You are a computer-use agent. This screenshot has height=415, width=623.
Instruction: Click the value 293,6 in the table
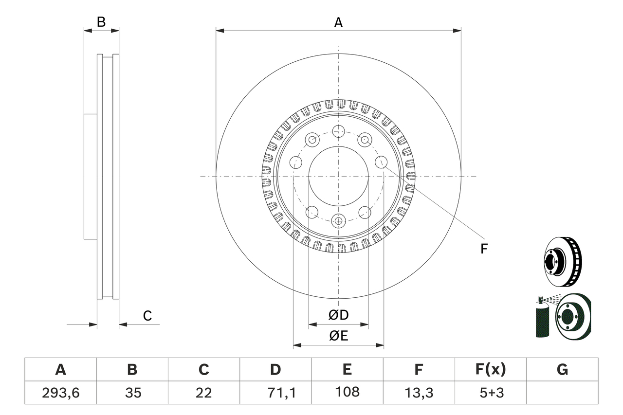point(60,393)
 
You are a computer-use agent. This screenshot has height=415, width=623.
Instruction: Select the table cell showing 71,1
point(275,393)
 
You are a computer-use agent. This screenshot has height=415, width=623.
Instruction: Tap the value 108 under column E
point(347,392)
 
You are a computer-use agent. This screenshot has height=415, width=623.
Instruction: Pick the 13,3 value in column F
point(419,393)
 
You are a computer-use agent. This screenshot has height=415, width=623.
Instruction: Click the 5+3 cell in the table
point(490,393)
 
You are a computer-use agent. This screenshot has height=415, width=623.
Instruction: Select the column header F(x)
point(490,370)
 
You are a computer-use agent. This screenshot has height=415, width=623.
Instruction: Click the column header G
point(562,370)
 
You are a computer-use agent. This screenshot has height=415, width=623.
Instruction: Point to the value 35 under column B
point(132,393)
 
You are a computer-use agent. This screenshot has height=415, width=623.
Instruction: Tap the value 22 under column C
point(203,393)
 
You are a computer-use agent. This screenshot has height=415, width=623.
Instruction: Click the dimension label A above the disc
point(338,22)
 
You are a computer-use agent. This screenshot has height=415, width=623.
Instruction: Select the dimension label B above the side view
point(101,22)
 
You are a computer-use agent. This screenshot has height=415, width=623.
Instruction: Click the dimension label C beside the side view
point(147,316)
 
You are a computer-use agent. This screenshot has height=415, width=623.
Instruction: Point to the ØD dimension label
point(338,315)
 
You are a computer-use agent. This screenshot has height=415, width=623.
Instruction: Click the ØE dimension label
point(338,336)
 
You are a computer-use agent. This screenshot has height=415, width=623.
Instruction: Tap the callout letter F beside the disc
point(484,249)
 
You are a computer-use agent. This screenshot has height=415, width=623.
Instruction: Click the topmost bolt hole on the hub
point(338,131)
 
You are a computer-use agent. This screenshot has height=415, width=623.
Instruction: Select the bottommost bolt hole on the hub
point(338,221)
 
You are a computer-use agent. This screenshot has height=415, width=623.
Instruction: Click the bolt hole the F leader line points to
point(381,162)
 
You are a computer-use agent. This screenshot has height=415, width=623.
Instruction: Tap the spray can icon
point(542,319)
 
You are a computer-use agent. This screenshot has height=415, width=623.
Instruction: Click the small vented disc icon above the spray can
point(562,261)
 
